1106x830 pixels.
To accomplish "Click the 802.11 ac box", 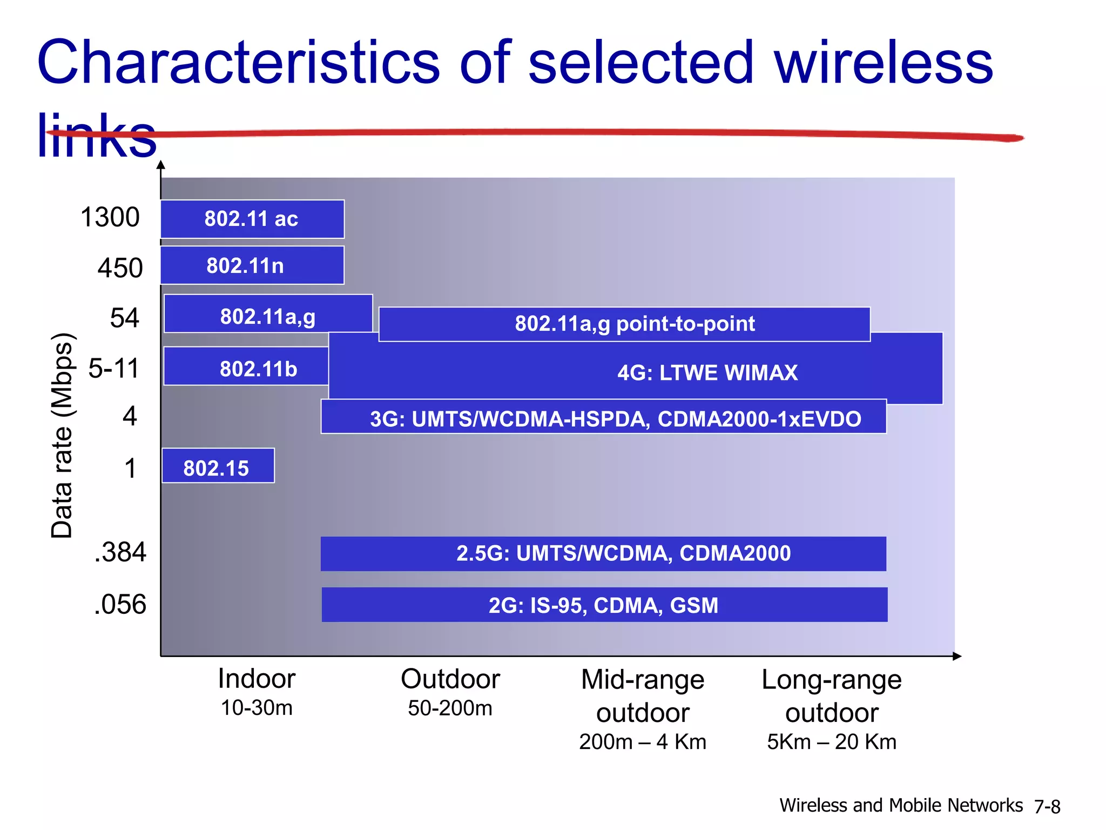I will click(x=252, y=219).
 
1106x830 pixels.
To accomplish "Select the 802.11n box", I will click(x=252, y=265).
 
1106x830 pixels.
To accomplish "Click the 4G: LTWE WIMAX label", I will click(x=707, y=373).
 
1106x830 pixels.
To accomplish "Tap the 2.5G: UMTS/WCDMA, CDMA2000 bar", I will click(x=603, y=553).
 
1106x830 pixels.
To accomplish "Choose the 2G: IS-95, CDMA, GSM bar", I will click(x=604, y=605).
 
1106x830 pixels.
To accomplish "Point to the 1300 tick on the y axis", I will click(x=110, y=217).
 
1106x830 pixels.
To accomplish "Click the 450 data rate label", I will click(x=120, y=267).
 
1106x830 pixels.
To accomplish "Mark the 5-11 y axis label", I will click(x=114, y=369).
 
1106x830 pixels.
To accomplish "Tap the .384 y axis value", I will click(x=120, y=552).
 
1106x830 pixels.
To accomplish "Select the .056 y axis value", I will click(x=120, y=604).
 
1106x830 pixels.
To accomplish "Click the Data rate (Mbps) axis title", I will click(x=62, y=435).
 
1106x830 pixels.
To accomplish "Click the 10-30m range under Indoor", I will click(x=257, y=708).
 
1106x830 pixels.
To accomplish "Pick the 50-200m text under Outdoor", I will click(x=450, y=708).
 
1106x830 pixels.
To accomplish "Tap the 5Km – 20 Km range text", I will click(x=832, y=742).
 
